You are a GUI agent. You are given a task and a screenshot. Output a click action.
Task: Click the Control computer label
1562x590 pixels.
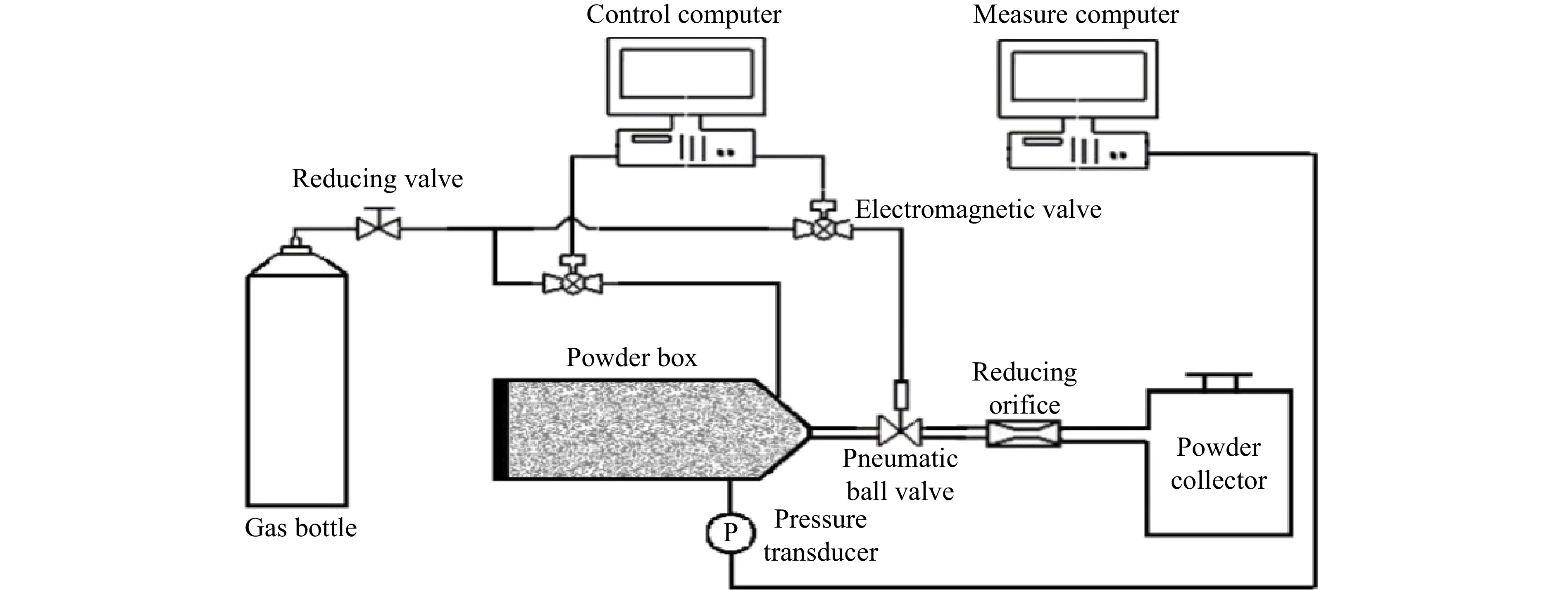pyautogui.click(x=683, y=14)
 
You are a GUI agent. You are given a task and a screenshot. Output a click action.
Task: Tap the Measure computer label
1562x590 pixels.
pyautogui.click(x=1076, y=14)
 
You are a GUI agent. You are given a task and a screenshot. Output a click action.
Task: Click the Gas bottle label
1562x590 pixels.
pyautogui.click(x=301, y=528)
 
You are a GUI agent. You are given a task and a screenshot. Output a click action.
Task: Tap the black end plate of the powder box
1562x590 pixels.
pyautogui.click(x=501, y=429)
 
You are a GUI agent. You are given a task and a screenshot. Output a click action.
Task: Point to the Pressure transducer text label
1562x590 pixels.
pyautogui.click(x=820, y=535)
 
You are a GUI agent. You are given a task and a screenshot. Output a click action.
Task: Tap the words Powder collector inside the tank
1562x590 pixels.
pyautogui.click(x=1219, y=464)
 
